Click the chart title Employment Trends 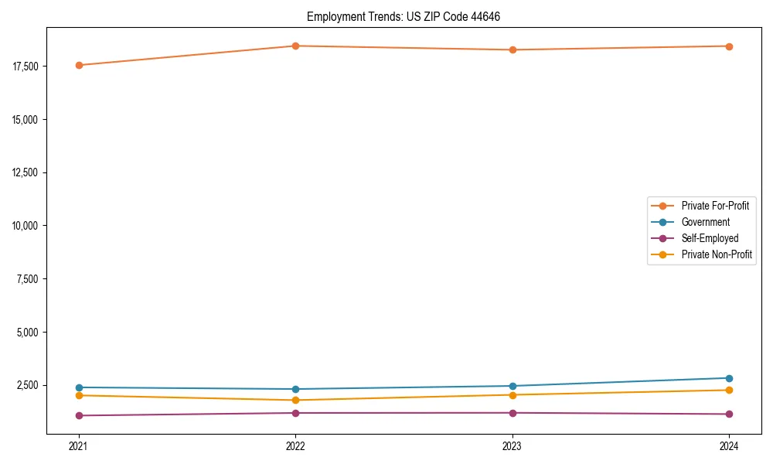pos(404,16)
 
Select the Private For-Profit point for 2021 pos(78,65)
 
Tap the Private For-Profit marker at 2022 pos(295,46)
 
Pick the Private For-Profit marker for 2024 pos(729,46)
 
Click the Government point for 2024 pos(729,378)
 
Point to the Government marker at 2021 pos(78,387)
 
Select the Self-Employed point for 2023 pos(512,412)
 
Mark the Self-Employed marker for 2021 pos(78,415)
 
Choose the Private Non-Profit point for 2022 pos(295,400)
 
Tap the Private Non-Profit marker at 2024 pos(729,390)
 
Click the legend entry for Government pos(705,222)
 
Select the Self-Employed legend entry pos(710,238)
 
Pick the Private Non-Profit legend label pos(717,254)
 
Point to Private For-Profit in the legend pos(715,206)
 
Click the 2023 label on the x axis pos(512,446)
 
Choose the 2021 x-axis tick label pos(78,446)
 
